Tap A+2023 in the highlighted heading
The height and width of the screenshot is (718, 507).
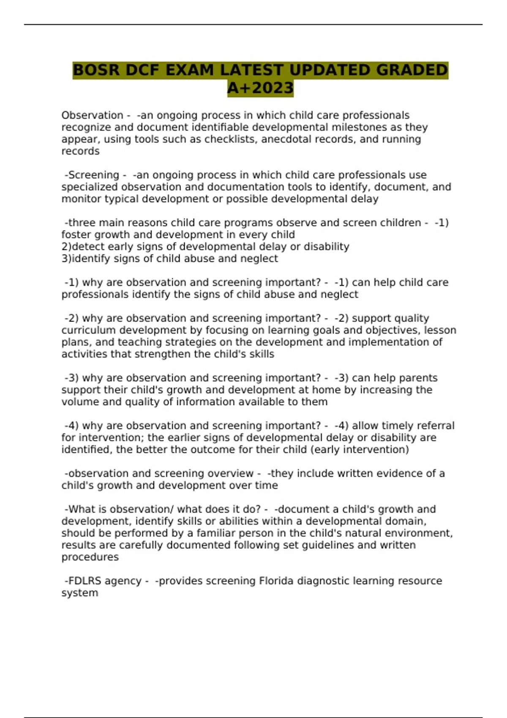pos(260,88)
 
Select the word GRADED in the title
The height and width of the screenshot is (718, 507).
pos(412,70)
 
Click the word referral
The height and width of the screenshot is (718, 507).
pos(434,425)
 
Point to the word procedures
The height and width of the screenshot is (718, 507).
pos(90,557)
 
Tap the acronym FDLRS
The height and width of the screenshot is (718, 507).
pos(84,581)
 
